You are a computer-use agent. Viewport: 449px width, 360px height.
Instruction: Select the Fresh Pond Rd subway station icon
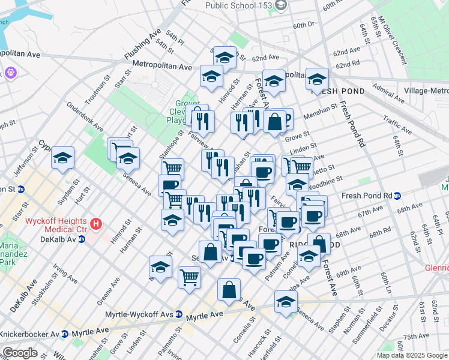click(406, 196)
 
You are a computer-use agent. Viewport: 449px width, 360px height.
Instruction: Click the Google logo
click(20, 353)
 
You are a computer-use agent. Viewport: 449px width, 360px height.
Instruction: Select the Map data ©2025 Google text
click(412, 355)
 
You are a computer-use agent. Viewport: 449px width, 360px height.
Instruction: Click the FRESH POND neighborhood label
click(329, 91)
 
